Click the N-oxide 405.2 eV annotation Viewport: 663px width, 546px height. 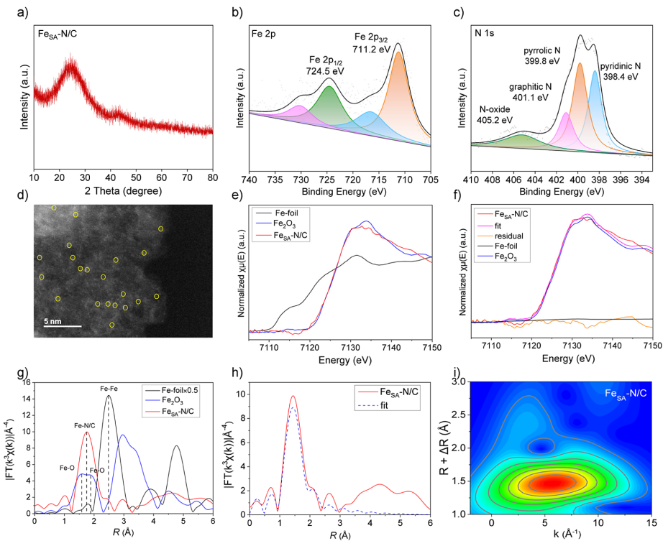coord(496,114)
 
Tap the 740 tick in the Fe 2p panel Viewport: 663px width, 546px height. coord(250,177)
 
